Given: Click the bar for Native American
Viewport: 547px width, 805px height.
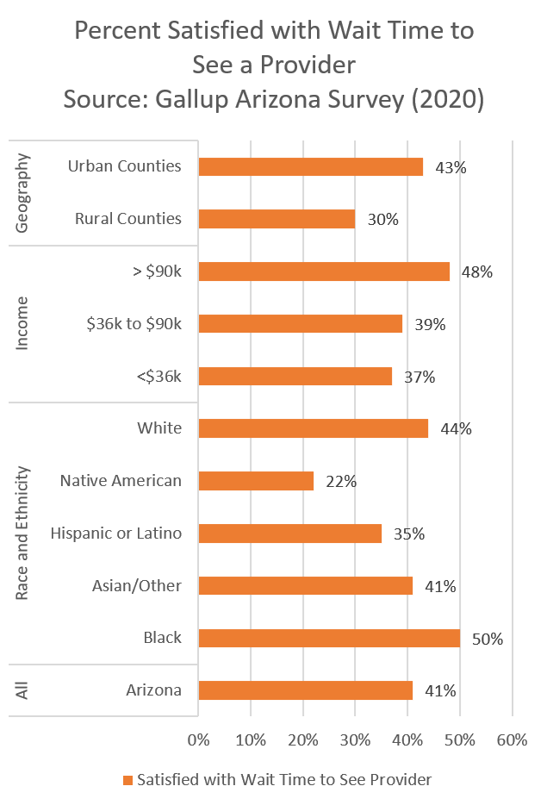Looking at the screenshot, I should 256,481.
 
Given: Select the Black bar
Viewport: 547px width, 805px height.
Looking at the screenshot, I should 329,638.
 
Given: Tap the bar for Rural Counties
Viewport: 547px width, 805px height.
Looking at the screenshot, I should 277,219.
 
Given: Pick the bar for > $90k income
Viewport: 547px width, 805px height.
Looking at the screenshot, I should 324,271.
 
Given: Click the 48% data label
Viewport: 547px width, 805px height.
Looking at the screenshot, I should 476,272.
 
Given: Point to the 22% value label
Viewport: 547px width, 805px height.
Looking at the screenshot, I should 340,481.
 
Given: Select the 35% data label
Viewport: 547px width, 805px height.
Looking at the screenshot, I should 408,534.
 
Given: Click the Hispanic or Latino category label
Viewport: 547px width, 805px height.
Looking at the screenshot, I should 116,533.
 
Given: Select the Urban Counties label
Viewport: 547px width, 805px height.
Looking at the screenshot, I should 125,165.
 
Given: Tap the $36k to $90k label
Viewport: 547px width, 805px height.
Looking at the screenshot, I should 134,323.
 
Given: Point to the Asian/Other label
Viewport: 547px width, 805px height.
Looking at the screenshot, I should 137,585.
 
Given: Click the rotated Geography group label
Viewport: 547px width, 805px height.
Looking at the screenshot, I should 23,193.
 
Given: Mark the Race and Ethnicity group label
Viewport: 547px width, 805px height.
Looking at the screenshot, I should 23,534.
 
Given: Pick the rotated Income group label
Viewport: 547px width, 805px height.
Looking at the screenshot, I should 23,324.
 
